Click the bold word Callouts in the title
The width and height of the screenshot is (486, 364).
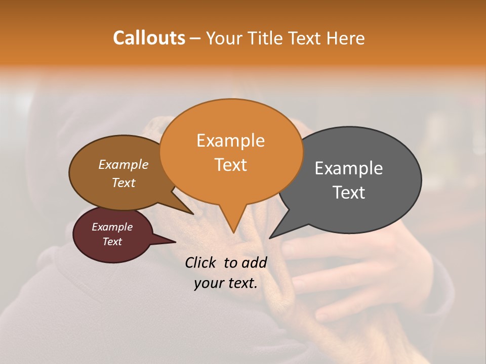click(149, 38)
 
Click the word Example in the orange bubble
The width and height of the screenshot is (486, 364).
click(230, 141)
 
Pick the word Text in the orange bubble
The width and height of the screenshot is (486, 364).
click(230, 165)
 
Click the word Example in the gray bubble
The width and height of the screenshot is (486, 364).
click(349, 168)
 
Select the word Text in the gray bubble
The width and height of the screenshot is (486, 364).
click(349, 193)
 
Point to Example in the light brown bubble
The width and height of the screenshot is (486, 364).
click(123, 165)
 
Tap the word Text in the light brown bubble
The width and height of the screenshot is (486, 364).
click(123, 183)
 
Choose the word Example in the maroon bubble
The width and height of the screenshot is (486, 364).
click(112, 227)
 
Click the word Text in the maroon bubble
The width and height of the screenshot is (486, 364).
click(112, 242)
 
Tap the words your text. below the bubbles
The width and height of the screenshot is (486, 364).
click(225, 284)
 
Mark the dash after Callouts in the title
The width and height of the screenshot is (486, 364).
click(195, 38)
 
